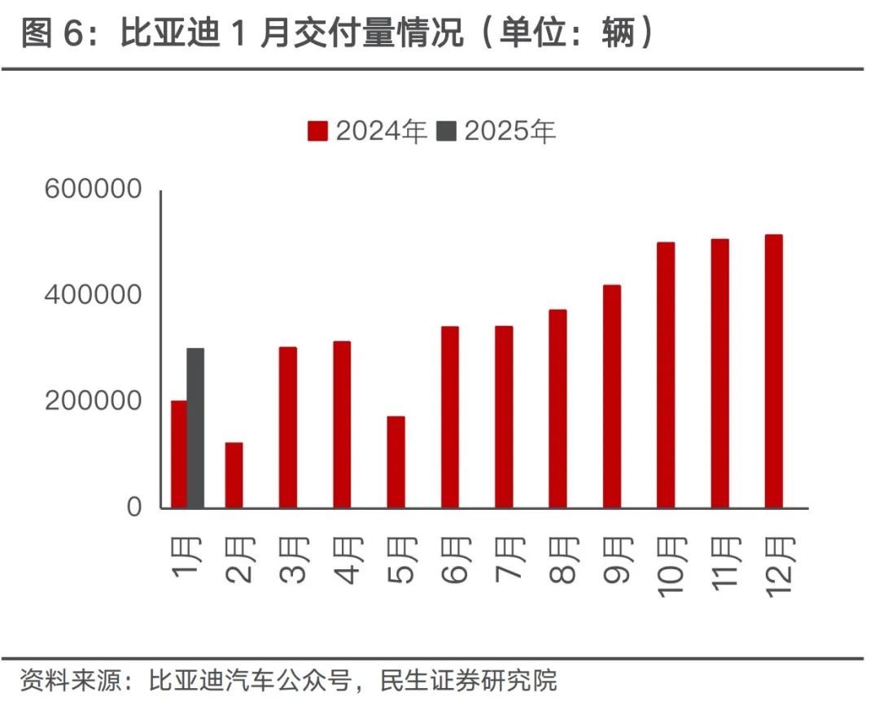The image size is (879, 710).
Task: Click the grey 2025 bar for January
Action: point(195,428)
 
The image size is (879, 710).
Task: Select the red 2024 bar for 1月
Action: point(178,454)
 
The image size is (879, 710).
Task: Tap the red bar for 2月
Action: point(234,475)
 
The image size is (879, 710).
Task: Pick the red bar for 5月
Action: point(396,462)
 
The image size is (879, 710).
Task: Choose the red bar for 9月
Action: point(612,396)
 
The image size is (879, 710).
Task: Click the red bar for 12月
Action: point(773,371)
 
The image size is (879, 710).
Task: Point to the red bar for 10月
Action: point(666,375)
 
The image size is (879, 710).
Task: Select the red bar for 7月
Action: point(504,416)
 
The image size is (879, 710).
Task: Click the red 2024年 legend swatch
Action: point(317,132)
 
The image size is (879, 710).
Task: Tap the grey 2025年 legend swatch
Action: point(447,132)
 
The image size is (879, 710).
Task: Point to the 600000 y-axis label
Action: point(94,189)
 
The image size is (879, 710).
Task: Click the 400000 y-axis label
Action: point(94,295)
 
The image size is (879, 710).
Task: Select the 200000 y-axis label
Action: point(94,401)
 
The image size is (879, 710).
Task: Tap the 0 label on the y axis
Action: point(133,507)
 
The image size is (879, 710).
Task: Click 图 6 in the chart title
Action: point(54,34)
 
